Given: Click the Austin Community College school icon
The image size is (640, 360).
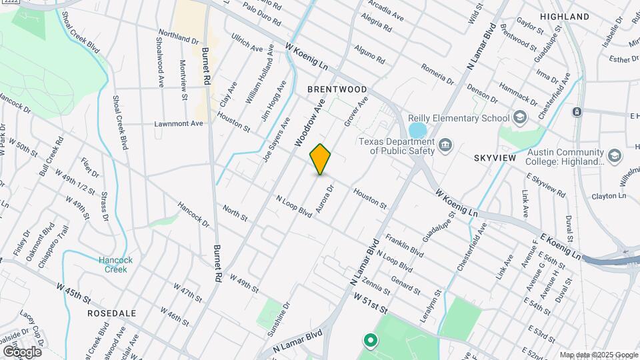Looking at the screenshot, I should [614, 156].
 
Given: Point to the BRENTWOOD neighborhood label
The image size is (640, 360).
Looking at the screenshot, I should [337, 89].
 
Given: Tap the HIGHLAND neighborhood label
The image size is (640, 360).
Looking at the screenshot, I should [565, 16].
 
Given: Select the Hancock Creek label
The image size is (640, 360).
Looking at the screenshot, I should [116, 265].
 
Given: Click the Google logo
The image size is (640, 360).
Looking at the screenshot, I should [22, 351].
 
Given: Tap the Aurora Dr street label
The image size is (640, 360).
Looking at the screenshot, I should [325, 199].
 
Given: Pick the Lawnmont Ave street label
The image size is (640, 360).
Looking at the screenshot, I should [178, 123].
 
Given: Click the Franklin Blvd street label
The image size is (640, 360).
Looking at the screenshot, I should [404, 246].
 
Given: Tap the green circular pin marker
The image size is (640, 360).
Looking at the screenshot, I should [371, 341].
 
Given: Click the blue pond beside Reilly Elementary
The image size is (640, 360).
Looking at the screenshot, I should [417, 131].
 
